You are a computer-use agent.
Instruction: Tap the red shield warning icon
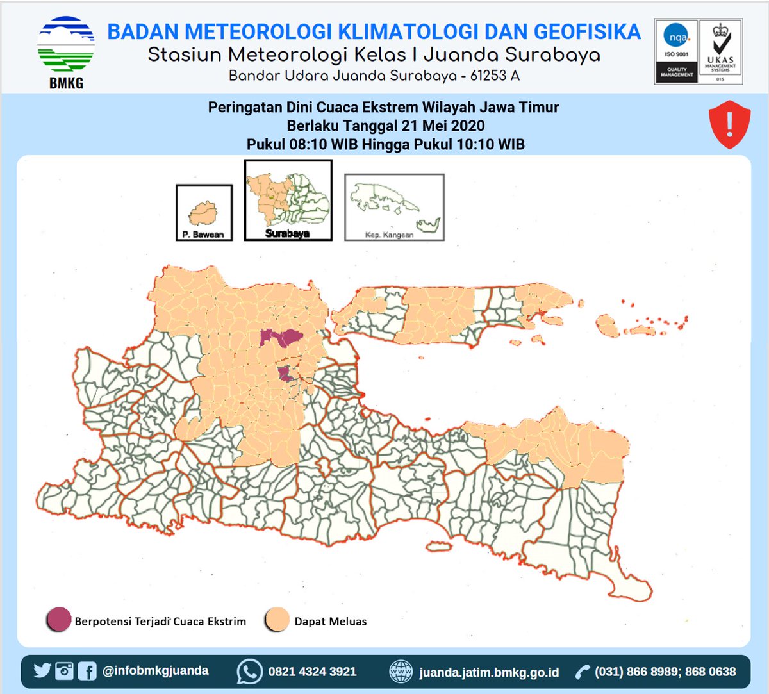(729, 124)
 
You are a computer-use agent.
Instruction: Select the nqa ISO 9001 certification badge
(676, 51)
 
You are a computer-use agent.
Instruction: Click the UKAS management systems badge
(720, 51)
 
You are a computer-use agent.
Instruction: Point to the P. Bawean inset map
(204, 212)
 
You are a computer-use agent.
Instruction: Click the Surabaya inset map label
(287, 233)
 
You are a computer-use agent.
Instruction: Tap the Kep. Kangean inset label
(390, 235)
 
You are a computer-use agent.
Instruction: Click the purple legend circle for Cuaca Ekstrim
(58, 620)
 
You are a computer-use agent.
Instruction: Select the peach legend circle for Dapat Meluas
(277, 620)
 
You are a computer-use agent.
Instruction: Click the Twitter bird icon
(42, 670)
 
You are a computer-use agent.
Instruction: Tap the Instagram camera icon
(64, 671)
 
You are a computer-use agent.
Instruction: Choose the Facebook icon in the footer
(87, 671)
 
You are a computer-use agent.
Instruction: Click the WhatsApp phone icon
(249, 672)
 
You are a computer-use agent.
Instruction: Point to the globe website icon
(401, 672)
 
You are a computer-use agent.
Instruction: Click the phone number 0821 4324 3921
(312, 672)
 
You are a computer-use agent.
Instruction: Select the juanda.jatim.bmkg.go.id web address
(489, 672)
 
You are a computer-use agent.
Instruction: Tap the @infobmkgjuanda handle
(155, 670)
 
